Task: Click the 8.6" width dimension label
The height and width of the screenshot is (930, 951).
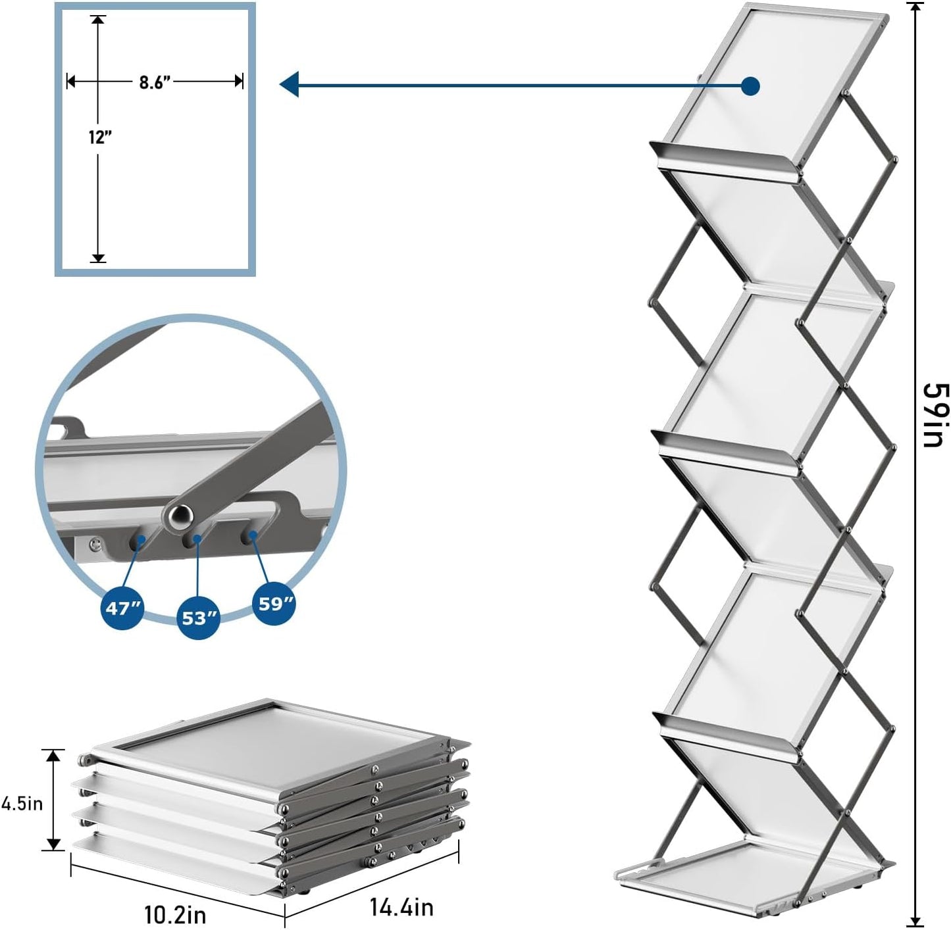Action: [x=155, y=82]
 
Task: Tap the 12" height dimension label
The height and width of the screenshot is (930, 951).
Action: [x=100, y=137]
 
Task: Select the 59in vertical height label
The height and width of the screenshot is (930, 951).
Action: [x=933, y=415]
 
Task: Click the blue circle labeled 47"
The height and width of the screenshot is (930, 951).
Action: [x=123, y=609]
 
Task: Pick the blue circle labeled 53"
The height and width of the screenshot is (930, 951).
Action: [x=199, y=618]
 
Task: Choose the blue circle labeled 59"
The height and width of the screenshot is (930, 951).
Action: [x=274, y=603]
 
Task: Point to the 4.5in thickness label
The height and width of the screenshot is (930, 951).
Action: [x=22, y=802]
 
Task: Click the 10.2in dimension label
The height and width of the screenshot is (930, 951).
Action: [x=174, y=914]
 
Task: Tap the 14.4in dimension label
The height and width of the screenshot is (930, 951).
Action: [x=401, y=907]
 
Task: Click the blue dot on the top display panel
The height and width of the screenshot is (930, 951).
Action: [x=750, y=86]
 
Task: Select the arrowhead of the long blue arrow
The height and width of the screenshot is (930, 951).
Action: [x=290, y=84]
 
